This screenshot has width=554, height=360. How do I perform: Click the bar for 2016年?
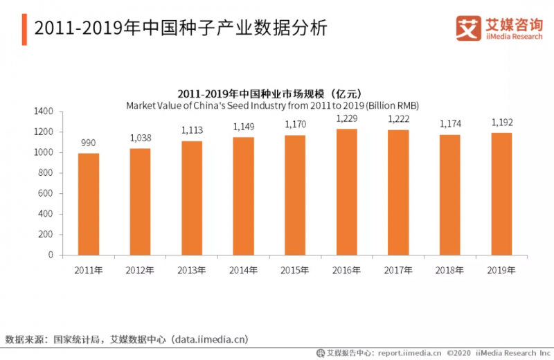[346, 192]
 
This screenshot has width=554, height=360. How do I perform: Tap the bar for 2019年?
[501, 194]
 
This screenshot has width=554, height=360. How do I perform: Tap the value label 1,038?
[140, 138]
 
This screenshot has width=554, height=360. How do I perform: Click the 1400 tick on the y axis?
[43, 111]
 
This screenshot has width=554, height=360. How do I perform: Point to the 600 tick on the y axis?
[46, 193]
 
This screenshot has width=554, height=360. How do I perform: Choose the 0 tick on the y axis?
[51, 255]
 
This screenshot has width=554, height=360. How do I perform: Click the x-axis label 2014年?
[243, 269]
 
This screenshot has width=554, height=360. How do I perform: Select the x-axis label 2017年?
[398, 269]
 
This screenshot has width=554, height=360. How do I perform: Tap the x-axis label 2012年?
[140, 269]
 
